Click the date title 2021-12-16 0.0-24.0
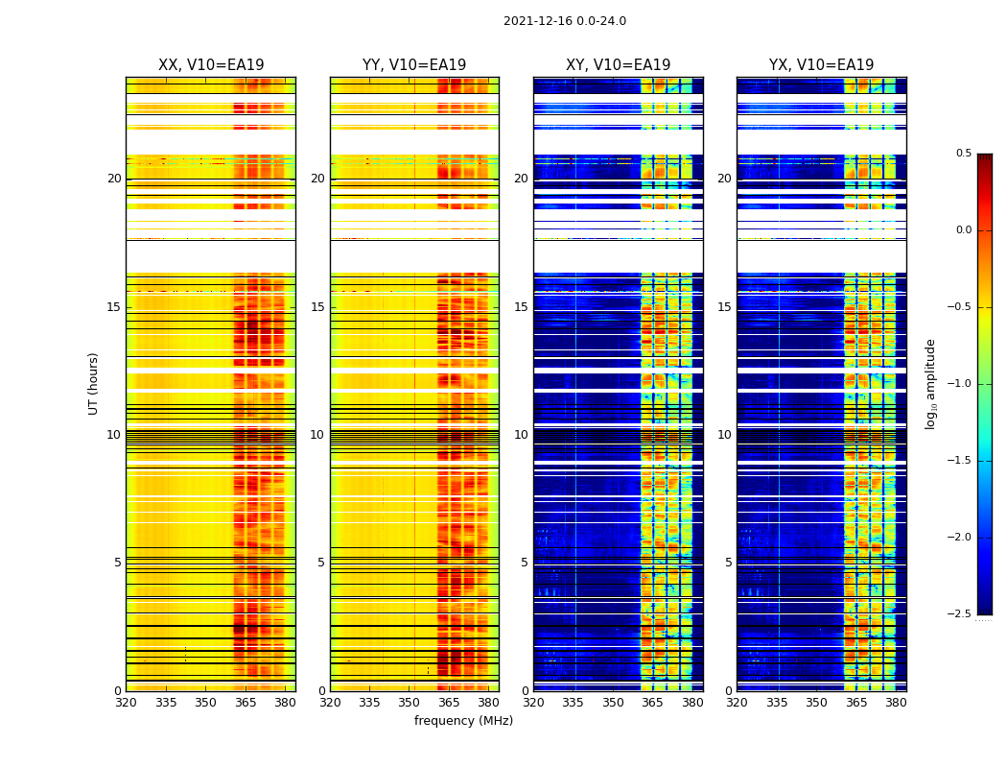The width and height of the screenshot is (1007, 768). click(564, 21)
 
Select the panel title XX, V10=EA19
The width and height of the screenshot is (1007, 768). click(211, 65)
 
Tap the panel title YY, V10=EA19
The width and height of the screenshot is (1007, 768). click(414, 65)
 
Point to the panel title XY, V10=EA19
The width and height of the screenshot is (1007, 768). click(618, 65)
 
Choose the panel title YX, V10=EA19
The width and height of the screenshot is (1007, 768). click(821, 65)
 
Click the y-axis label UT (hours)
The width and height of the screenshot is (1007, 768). click(94, 383)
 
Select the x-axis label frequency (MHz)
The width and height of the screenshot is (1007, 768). click(463, 721)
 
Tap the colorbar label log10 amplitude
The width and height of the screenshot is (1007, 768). click(930, 383)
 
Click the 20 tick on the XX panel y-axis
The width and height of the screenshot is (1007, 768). click(114, 179)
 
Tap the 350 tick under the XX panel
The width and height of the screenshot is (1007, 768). click(205, 702)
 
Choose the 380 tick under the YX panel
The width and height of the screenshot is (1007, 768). click(896, 702)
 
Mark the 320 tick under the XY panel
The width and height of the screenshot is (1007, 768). click(533, 702)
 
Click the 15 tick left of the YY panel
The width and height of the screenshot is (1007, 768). click(317, 307)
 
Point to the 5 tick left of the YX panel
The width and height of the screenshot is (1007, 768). click(729, 563)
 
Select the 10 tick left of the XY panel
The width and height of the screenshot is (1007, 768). click(521, 435)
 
